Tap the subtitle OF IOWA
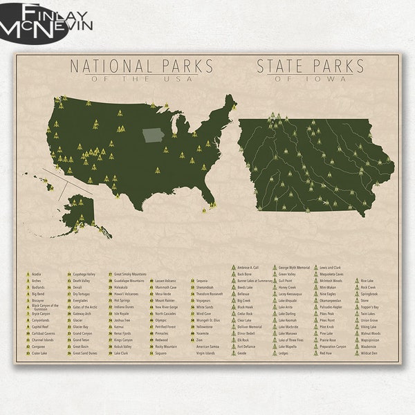point(311,78)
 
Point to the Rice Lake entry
point(367,281)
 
